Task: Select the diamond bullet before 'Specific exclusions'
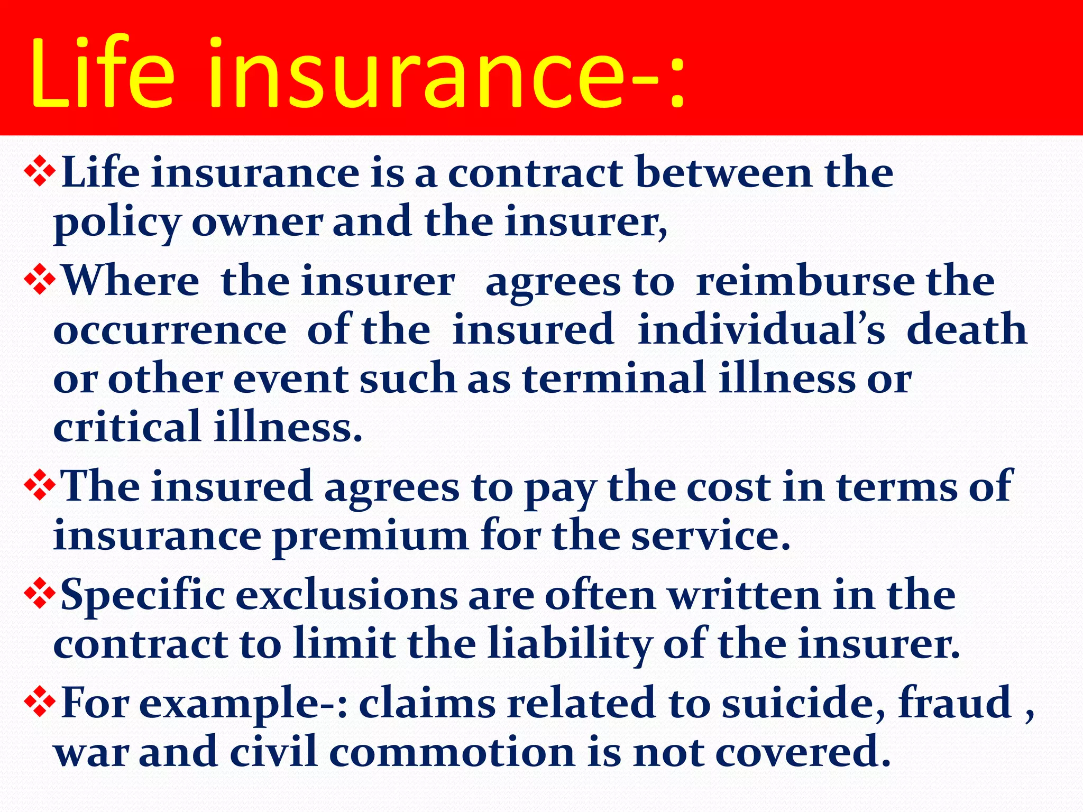[40, 595]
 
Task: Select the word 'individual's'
[761, 330]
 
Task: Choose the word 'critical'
[127, 427]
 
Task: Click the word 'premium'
[370, 537]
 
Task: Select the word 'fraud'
[955, 703]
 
